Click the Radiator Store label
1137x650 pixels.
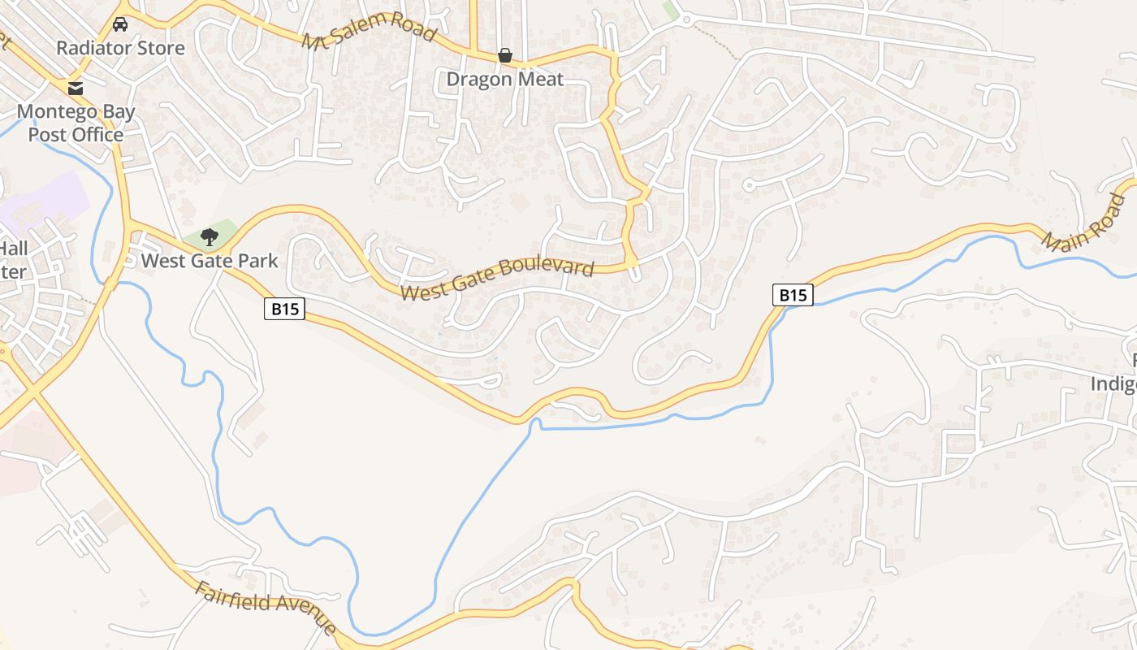click(120, 48)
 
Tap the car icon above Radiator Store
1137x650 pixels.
click(120, 24)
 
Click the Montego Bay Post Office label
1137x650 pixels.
click(76, 123)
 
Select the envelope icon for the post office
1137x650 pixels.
click(76, 88)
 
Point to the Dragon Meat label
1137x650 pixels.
click(504, 79)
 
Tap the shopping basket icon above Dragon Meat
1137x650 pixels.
click(504, 55)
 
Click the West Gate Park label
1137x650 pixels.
click(210, 261)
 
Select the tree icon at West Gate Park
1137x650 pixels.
click(210, 237)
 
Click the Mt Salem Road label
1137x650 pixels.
click(370, 30)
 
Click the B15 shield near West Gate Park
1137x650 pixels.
click(284, 309)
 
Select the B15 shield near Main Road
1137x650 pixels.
click(793, 295)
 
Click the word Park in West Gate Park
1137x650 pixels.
click(258, 261)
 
